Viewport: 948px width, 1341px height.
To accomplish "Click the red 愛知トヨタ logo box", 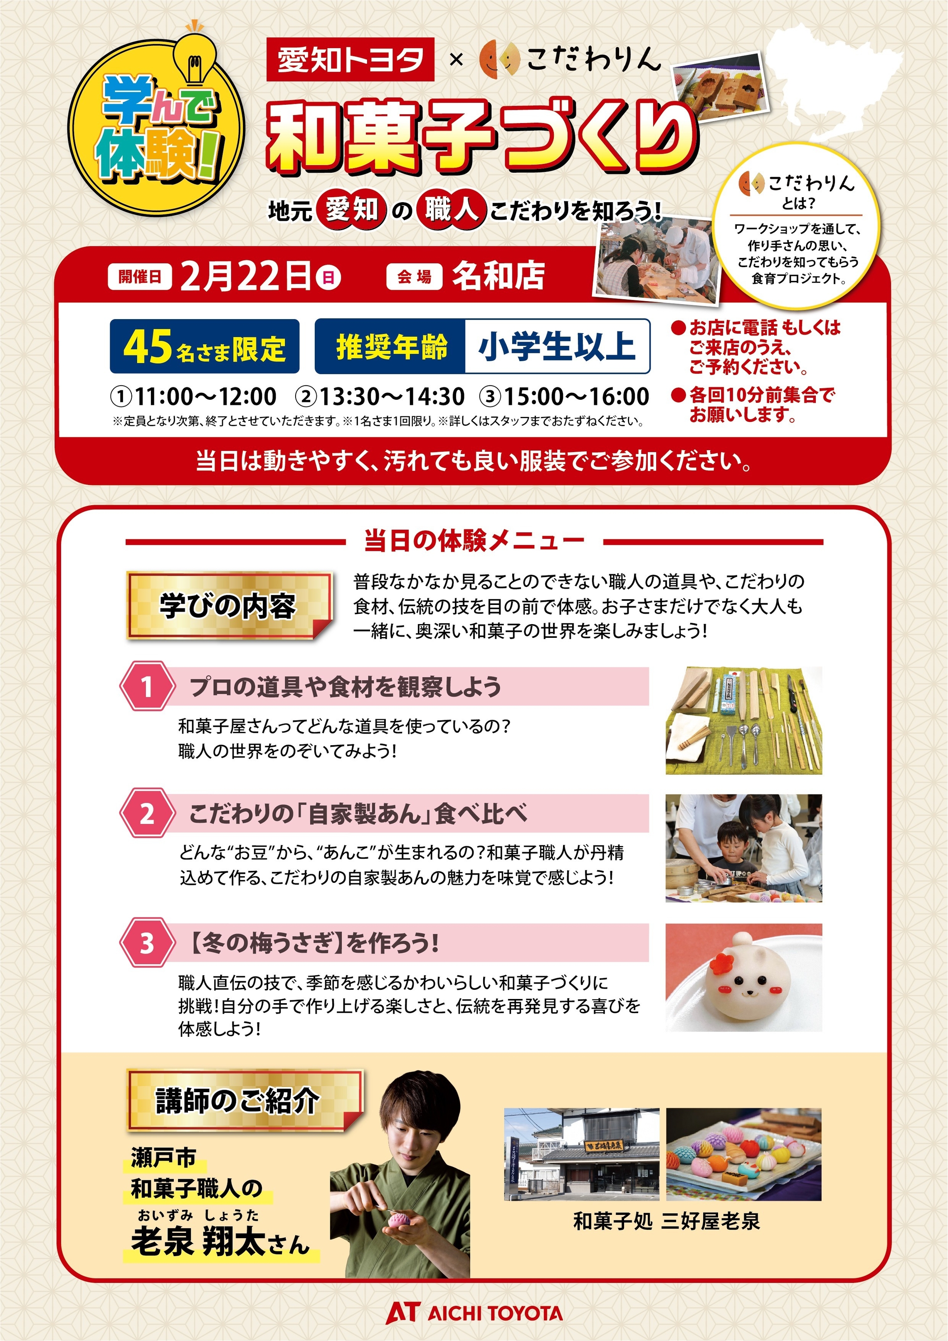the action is pos(350,59).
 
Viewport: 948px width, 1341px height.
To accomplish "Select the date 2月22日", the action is pos(245,276).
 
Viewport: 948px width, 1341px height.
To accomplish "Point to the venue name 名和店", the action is pos(499,276).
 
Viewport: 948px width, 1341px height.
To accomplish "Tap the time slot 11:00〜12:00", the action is pos(194,397).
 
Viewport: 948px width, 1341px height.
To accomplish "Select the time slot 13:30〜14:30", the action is pos(380,397).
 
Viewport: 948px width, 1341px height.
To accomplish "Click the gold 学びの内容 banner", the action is pos(230,606).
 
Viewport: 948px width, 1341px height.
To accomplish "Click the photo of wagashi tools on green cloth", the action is pos(744,721).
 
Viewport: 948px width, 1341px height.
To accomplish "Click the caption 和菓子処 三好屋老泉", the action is pos(667,1221).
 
